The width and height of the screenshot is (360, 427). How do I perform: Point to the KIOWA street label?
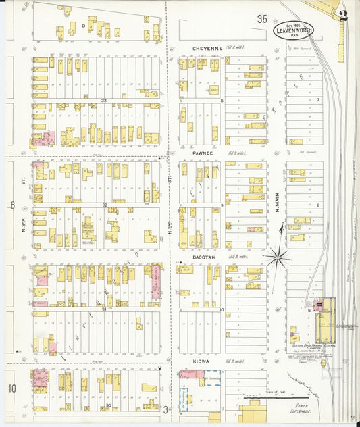coord(199,362)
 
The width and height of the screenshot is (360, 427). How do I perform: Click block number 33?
coord(104,101)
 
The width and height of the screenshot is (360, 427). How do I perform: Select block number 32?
coord(105,204)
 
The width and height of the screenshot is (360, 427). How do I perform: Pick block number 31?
coord(104,309)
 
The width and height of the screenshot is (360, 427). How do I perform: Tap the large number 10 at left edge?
coord(11,388)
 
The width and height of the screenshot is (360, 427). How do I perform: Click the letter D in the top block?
coord(84,26)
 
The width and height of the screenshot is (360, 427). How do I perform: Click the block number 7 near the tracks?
coord(317,100)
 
